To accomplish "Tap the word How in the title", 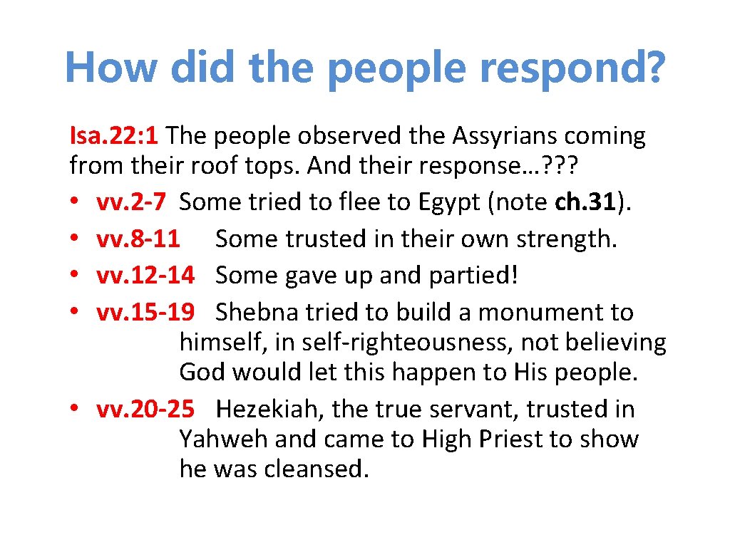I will [x=111, y=67].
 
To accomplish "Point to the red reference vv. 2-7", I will [x=132, y=202].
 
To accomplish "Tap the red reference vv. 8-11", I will [x=138, y=239].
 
